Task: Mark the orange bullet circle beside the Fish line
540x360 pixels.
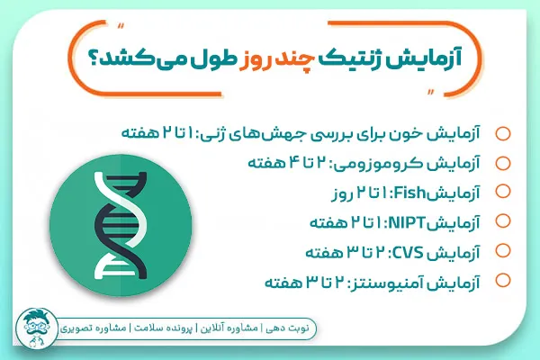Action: pyautogui.click(x=502, y=192)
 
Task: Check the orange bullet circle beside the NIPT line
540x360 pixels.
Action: pyautogui.click(x=502, y=220)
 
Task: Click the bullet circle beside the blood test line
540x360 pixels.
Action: pyautogui.click(x=502, y=134)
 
